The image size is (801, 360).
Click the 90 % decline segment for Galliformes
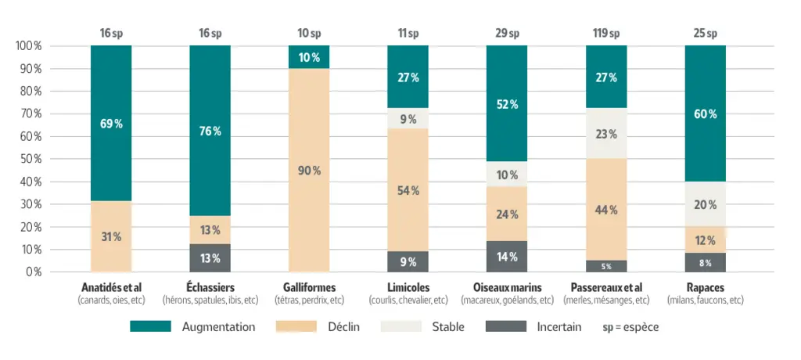[x=309, y=171]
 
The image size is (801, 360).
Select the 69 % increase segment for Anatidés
[x=111, y=123]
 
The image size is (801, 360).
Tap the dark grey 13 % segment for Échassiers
[x=210, y=257]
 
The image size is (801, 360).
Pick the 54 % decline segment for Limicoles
[x=408, y=189]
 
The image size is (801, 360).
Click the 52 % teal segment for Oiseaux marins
[x=507, y=103]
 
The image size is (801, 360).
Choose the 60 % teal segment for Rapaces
[x=706, y=113]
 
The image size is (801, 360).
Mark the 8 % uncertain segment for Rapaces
[x=706, y=262]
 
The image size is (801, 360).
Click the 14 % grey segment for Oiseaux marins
[x=507, y=256]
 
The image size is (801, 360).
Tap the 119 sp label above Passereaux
[x=606, y=34]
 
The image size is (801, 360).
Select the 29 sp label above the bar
[x=507, y=34]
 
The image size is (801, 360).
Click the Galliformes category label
[x=309, y=287]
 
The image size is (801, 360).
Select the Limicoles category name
[x=408, y=287]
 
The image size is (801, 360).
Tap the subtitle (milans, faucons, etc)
[x=706, y=301]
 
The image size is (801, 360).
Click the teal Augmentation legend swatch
[x=150, y=327]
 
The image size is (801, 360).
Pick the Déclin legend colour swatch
[x=296, y=327]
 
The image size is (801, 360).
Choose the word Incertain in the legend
[x=559, y=327]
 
